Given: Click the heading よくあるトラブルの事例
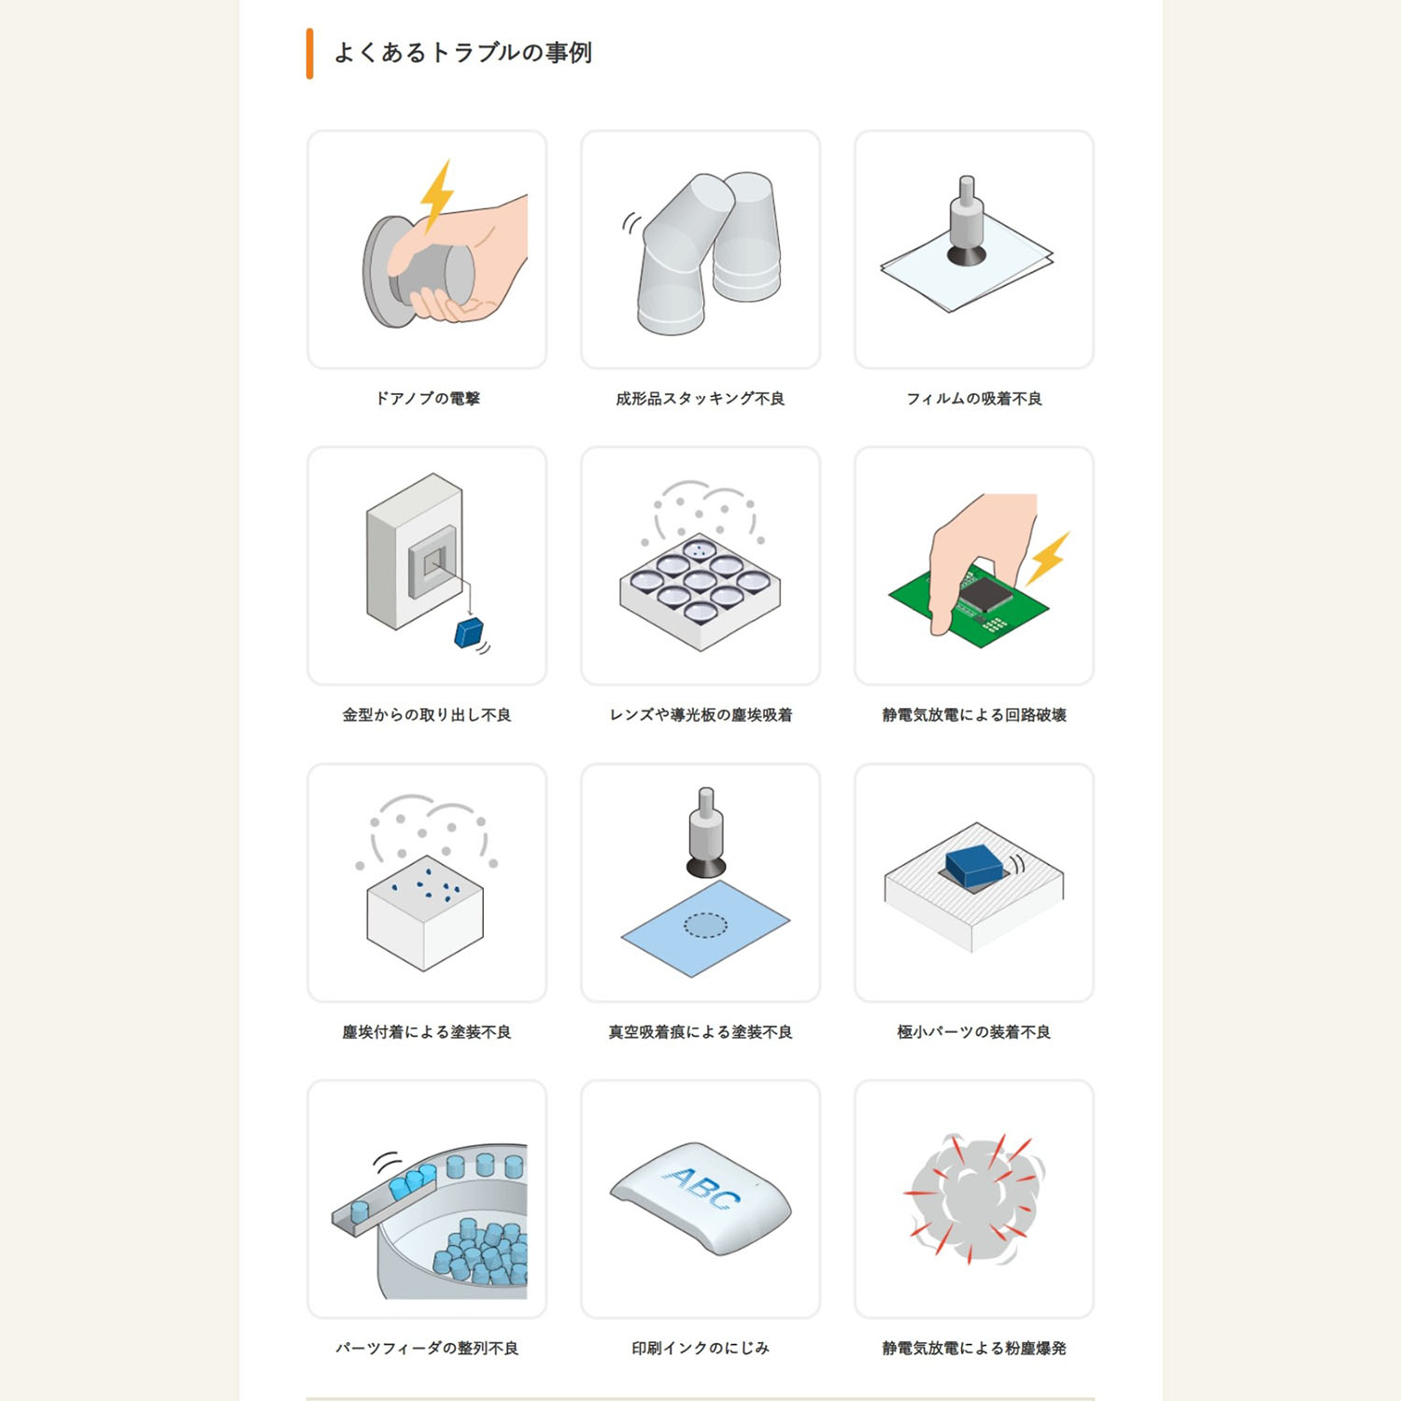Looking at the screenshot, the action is click(x=462, y=53).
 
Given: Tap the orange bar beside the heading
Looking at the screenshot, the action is click(x=309, y=54).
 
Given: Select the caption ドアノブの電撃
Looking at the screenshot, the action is click(x=427, y=399).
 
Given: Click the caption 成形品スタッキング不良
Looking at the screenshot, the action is click(x=700, y=399).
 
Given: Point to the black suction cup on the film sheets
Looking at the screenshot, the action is click(x=967, y=253).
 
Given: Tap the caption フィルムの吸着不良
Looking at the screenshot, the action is click(x=974, y=399).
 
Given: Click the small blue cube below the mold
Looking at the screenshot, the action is click(x=468, y=632).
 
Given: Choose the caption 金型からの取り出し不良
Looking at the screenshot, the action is click(x=427, y=715).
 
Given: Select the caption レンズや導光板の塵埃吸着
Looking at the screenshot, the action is click(x=700, y=715).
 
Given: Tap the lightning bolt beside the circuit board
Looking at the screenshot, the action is click(x=1048, y=558).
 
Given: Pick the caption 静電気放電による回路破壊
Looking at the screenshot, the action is click(x=974, y=715).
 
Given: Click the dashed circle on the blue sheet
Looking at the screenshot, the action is click(x=705, y=925).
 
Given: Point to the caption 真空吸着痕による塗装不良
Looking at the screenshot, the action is click(x=700, y=1032).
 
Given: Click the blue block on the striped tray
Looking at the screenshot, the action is click(x=973, y=865).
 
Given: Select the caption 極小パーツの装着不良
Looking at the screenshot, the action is click(x=974, y=1032).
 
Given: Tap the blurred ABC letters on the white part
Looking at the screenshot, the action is click(x=701, y=1187).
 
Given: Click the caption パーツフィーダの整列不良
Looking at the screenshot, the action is click(x=427, y=1349).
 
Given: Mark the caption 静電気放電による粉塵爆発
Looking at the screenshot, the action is click(x=974, y=1349).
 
